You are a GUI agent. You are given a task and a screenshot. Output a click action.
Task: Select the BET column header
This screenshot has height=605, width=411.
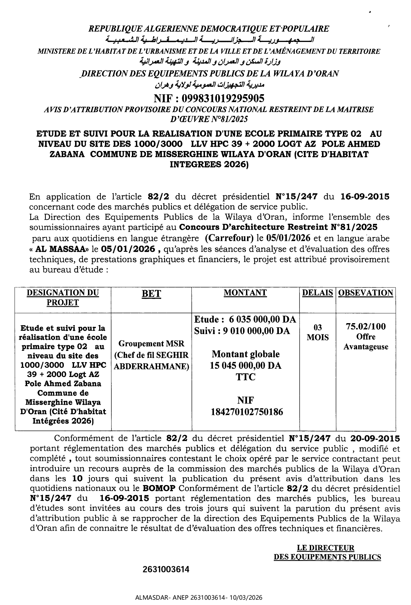pos(151,294)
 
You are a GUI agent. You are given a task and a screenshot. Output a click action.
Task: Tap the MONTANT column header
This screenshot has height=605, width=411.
pos(245,292)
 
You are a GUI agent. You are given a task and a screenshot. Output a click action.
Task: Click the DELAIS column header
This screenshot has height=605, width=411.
pos(317,293)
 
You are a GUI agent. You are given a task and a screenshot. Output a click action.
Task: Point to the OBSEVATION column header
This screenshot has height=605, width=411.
pos(366,293)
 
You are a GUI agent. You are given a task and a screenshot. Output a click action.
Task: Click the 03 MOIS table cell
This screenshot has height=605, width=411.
pos(317,332)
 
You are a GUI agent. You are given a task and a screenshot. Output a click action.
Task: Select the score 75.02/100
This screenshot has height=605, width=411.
pos(366,326)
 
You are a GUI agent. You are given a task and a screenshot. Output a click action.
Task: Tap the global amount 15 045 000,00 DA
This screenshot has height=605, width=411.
pos(245,365)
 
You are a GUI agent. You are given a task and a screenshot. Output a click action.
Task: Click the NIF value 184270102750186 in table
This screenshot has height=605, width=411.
pos(245,412)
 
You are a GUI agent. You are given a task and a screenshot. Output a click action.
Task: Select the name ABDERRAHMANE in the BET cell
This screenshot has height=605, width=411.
pos(151,366)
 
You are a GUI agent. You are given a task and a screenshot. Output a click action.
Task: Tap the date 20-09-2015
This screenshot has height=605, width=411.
pos(374,439)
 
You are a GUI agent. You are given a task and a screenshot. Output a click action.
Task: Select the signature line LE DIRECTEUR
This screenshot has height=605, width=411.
pos(326,548)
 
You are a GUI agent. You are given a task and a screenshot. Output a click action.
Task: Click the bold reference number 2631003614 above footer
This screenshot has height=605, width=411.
pos(166,569)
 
